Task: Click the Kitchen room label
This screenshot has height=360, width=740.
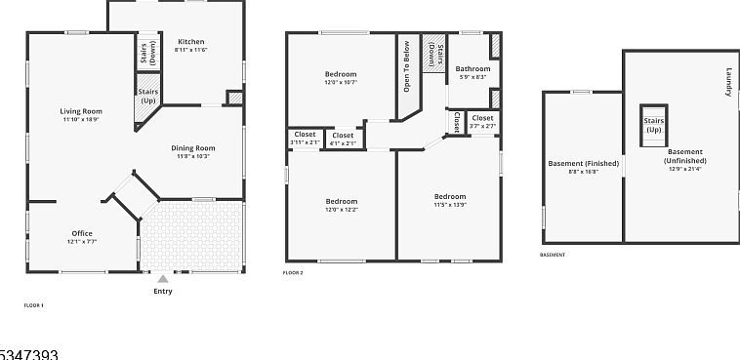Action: [x=190, y=43]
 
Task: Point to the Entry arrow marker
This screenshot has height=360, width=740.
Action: [x=162, y=279]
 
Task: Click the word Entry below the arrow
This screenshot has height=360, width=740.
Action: [x=163, y=292]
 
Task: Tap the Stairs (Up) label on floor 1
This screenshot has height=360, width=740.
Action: [x=148, y=97]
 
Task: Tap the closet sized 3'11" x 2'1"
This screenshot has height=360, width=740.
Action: [x=305, y=138]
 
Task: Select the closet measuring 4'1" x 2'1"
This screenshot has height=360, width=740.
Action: [x=343, y=138]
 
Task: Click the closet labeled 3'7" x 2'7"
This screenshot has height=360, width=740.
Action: [x=482, y=120]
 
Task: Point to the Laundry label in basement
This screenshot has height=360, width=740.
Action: [x=728, y=82]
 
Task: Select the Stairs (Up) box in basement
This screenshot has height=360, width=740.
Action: [x=652, y=124]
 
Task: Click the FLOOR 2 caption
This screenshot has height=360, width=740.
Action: [x=293, y=273]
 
